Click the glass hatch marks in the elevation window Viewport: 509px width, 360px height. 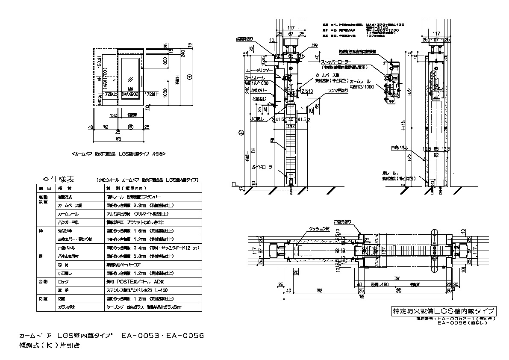point(130,79)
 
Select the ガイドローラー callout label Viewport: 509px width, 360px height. point(262,167)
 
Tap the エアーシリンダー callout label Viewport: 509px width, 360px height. point(259,70)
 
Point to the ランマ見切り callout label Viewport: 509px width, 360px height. point(337,90)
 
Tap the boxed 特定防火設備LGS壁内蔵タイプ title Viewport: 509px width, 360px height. point(444,311)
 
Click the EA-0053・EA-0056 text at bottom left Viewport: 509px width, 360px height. point(162,336)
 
